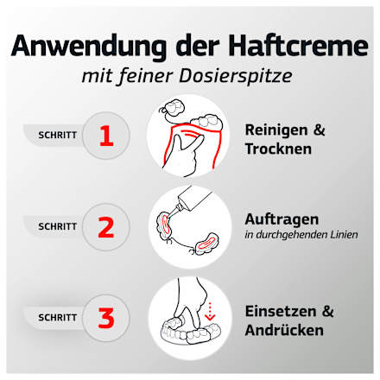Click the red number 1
click(x=106, y=136)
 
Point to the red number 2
click(x=106, y=227)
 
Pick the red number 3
click(x=106, y=317)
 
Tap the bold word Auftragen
click(x=282, y=218)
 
